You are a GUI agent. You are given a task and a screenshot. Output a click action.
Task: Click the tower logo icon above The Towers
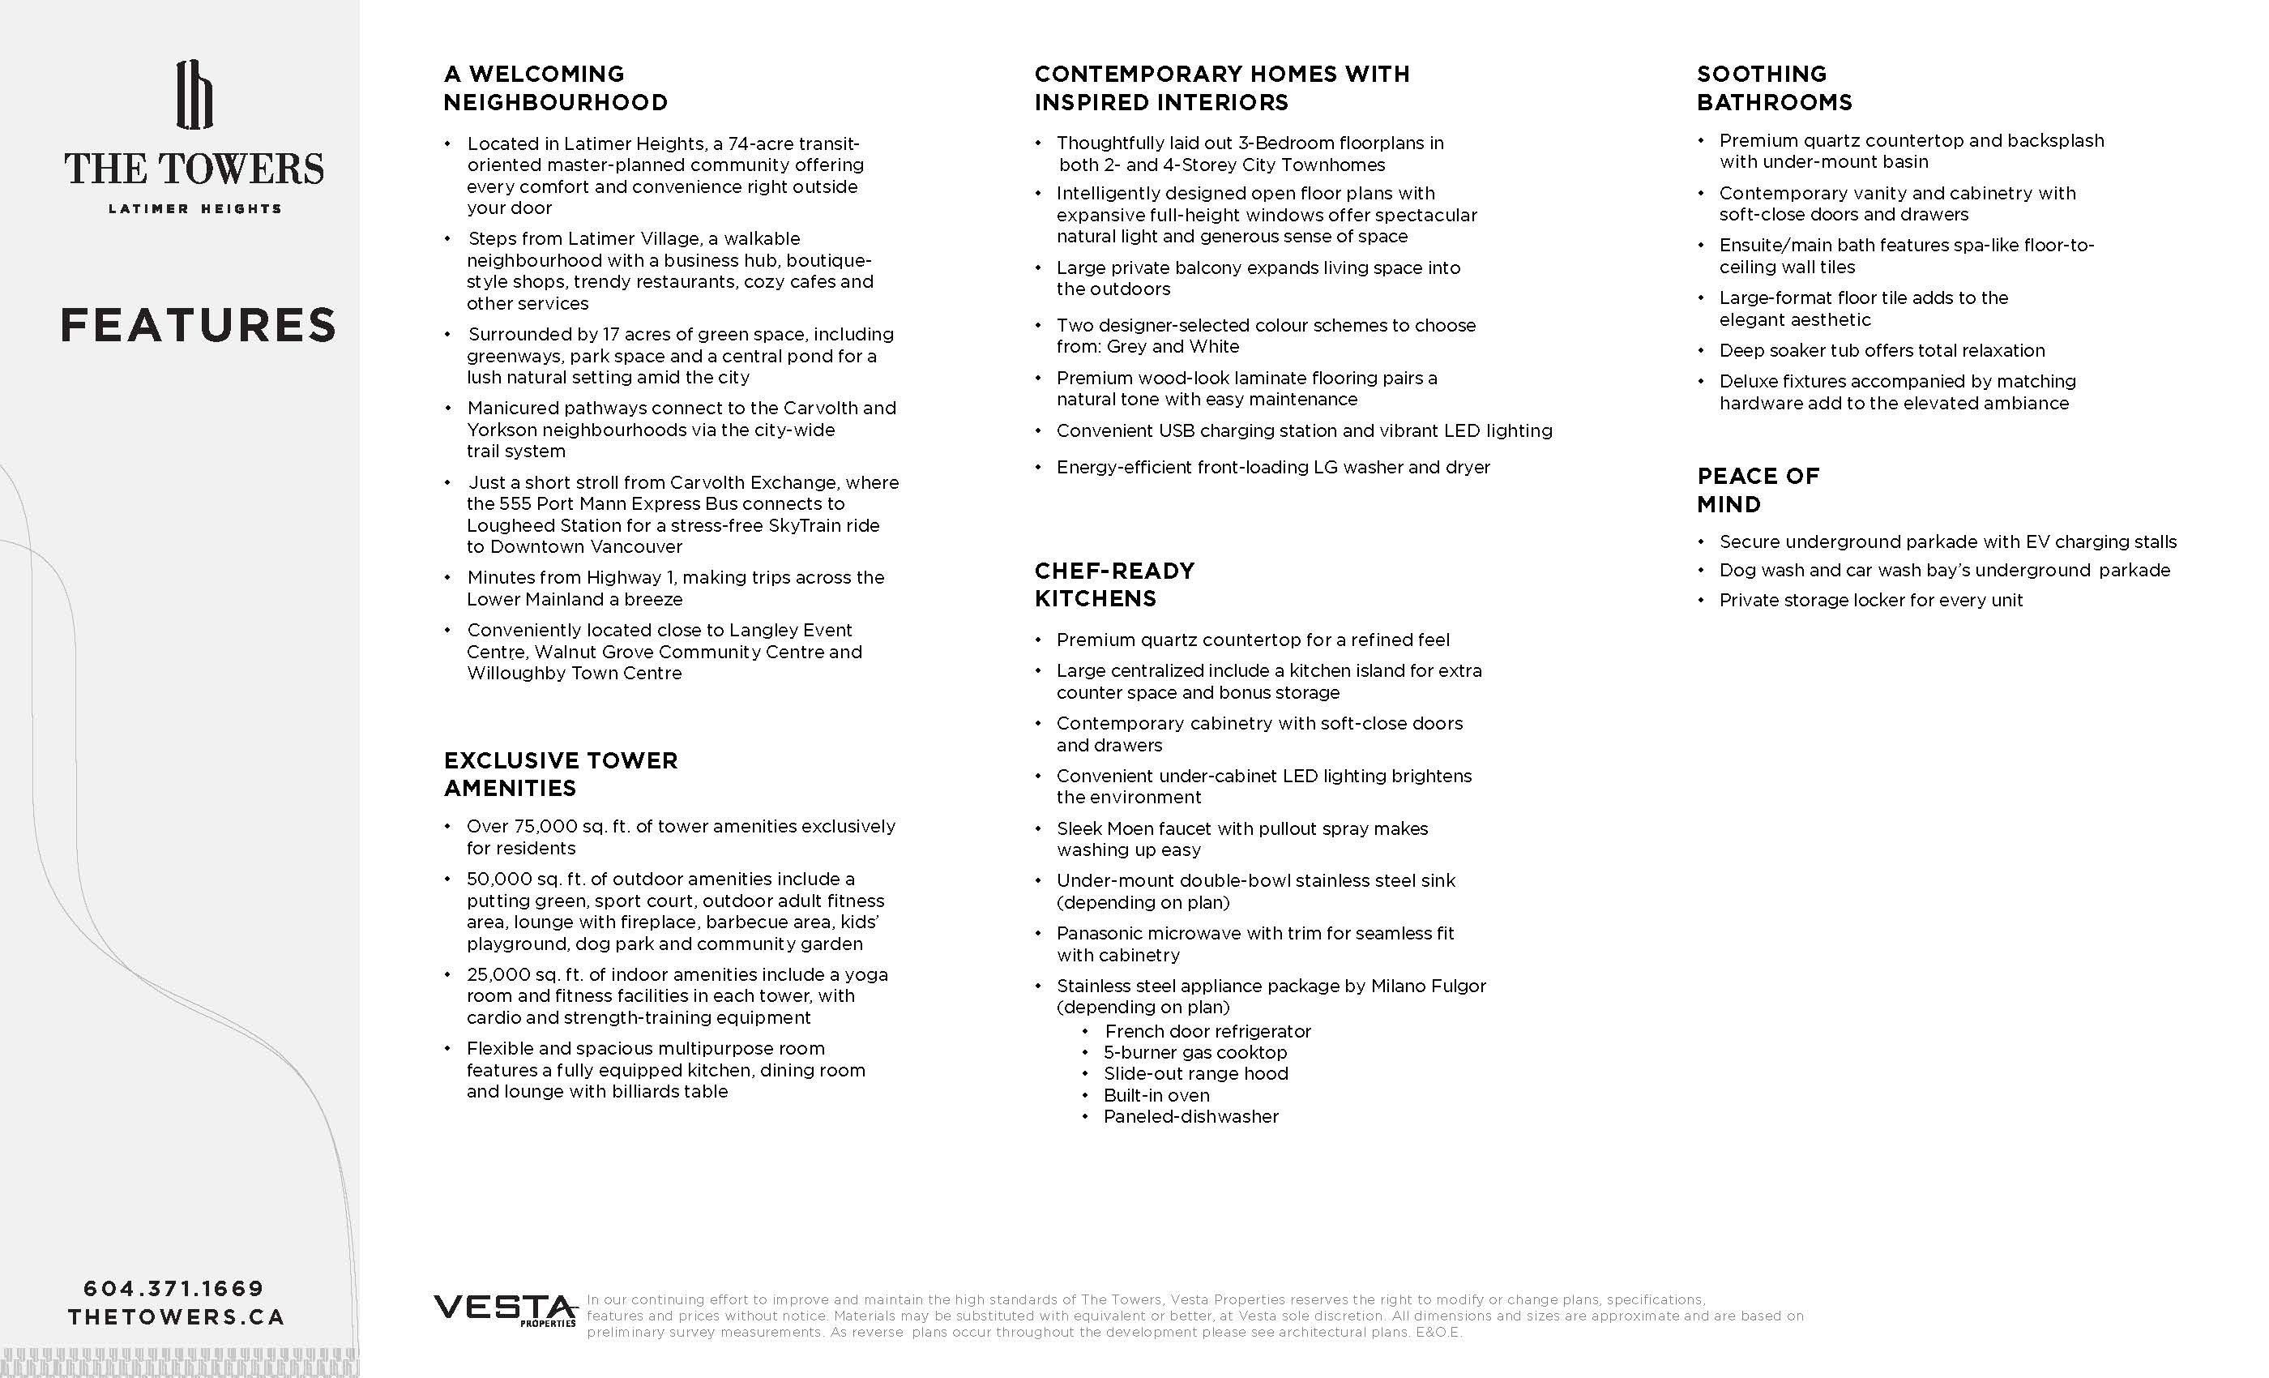tap(194, 95)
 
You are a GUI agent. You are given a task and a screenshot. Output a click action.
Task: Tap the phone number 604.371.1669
tap(174, 1289)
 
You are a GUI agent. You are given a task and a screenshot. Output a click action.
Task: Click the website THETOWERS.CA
tap(176, 1317)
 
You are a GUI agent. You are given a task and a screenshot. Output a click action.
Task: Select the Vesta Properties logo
tap(505, 1310)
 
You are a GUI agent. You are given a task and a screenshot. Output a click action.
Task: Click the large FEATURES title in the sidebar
tap(198, 325)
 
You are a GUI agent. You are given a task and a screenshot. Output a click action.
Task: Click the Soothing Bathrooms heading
tap(1774, 88)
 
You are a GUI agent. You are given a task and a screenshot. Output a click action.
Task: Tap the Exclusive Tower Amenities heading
tap(560, 774)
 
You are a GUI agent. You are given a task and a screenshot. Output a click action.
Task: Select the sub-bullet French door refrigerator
tap(1207, 1031)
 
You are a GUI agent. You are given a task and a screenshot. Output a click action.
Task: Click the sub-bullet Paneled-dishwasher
tap(1190, 1116)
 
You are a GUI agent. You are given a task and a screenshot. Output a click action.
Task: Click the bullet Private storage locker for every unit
tap(1870, 601)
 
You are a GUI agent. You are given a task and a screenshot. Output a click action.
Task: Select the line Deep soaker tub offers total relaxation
tap(1882, 351)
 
